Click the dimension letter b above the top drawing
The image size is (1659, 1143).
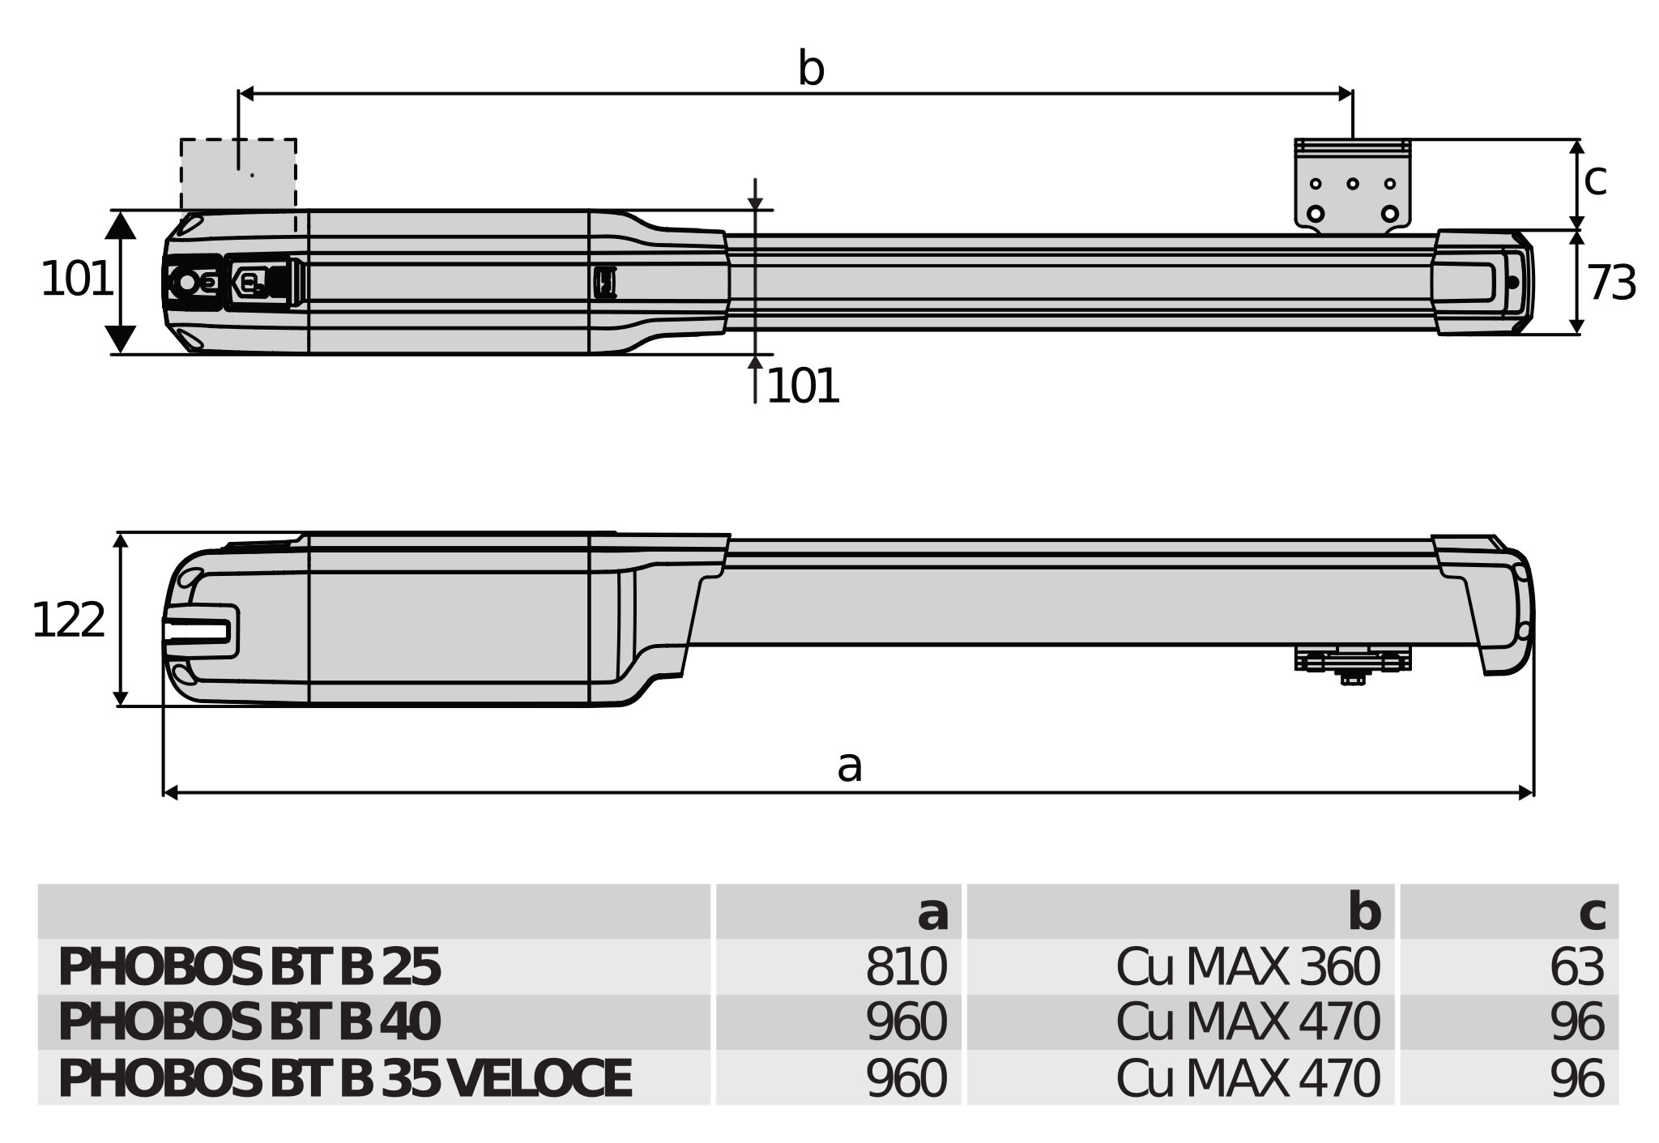[x=811, y=69]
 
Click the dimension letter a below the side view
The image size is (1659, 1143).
[x=849, y=766]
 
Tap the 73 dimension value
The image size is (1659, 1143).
[x=1611, y=284]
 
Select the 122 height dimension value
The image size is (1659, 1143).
[x=68, y=621]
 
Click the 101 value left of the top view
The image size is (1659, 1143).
[x=76, y=279]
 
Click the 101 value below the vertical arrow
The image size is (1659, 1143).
[x=802, y=386]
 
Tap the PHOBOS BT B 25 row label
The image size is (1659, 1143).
[x=249, y=967]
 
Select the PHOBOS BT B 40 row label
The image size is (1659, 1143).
[x=249, y=1022]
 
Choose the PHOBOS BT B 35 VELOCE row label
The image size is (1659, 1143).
[x=344, y=1078]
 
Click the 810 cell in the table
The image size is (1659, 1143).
[x=906, y=967]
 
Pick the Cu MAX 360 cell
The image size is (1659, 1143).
[x=1247, y=967]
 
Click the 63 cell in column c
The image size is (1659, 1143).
[x=1576, y=967]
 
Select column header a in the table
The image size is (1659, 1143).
[x=932, y=913]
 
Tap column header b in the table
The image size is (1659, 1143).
[x=1364, y=913]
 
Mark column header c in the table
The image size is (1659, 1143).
[x=1592, y=913]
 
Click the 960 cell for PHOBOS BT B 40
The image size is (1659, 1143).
[x=906, y=1022]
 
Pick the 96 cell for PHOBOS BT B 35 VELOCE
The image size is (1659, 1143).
[x=1576, y=1078]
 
